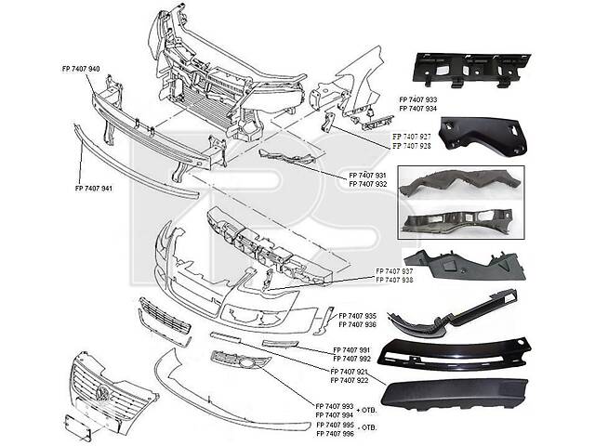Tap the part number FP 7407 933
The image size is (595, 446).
417,98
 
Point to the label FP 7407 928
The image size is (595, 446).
410,146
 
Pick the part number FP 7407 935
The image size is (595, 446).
357,317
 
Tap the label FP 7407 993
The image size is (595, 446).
335,407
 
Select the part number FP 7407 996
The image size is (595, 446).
335,434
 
